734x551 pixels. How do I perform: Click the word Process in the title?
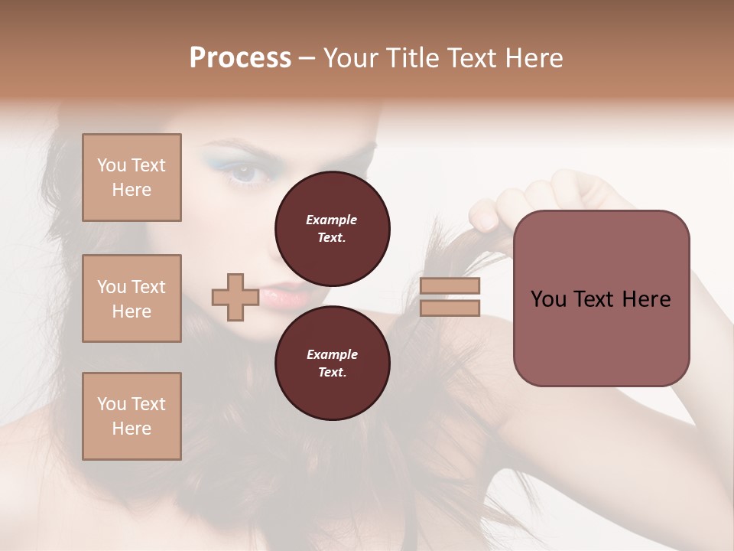[x=240, y=58]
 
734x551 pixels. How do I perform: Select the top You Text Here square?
[x=132, y=178]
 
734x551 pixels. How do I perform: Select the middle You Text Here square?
[x=132, y=298]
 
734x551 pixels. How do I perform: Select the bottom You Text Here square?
[x=132, y=416]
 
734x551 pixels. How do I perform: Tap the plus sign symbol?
[x=235, y=297]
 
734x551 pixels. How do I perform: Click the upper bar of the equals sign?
[x=450, y=286]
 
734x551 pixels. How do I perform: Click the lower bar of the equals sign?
[x=450, y=308]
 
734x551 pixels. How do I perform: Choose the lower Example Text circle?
[x=332, y=363]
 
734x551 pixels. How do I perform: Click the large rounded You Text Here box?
[x=601, y=298]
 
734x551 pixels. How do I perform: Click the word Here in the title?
[x=535, y=58]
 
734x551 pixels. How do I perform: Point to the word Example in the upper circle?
[x=332, y=220]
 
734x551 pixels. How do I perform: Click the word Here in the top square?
[x=132, y=190]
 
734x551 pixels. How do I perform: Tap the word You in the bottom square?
[x=112, y=404]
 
